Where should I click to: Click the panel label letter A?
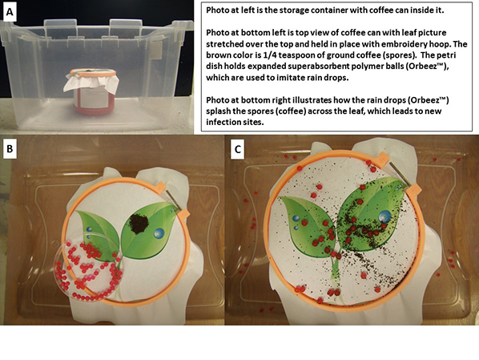point(10,12)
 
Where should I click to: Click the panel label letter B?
point(10,148)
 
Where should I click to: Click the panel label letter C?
point(237,149)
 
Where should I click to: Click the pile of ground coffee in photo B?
point(139,224)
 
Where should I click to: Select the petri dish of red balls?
point(88,267)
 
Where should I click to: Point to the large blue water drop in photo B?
point(159,233)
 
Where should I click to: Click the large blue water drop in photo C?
point(384,216)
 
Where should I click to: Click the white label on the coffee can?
point(94,96)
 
